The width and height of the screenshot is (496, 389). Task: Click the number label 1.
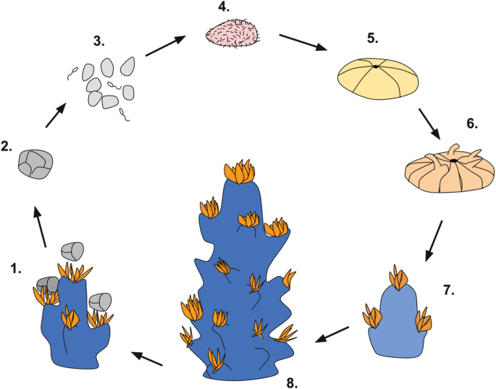[16, 269]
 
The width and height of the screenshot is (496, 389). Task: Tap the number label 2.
[7, 146]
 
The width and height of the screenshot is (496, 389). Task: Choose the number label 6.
[471, 123]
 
